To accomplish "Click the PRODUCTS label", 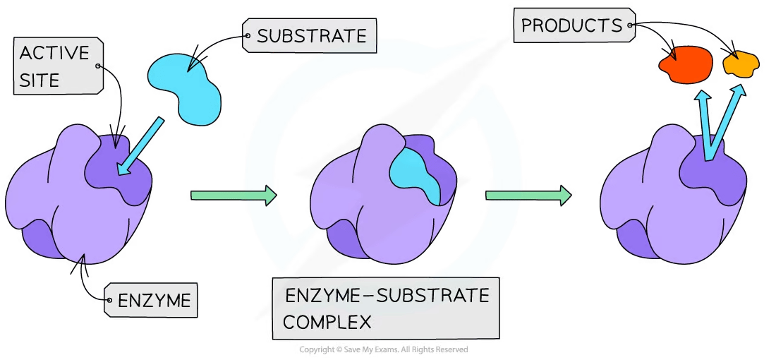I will pyautogui.click(x=571, y=27).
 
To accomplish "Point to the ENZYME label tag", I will pyautogui.click(x=154, y=301).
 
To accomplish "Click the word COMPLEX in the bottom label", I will pyautogui.click(x=327, y=322).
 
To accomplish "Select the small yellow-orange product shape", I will pyautogui.click(x=741, y=66).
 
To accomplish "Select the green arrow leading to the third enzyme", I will pyautogui.click(x=530, y=193).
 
